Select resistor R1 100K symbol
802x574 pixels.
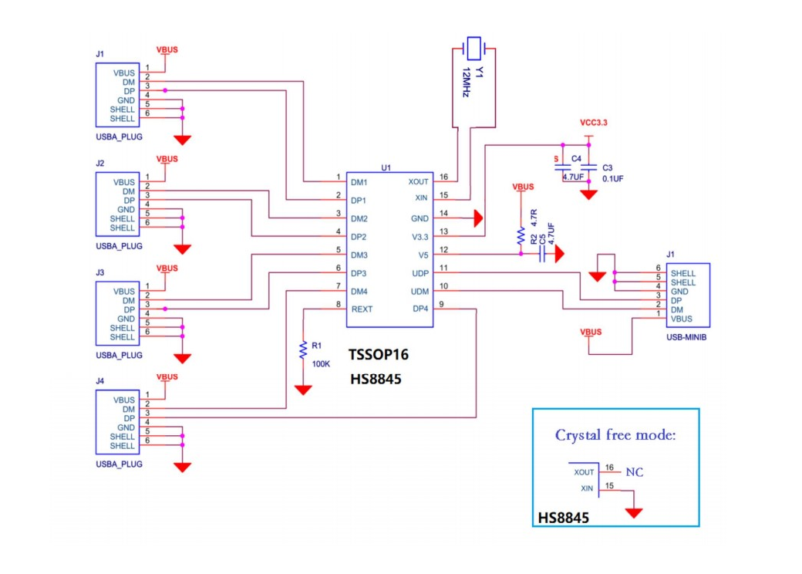click(x=302, y=351)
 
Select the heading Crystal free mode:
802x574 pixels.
click(x=615, y=435)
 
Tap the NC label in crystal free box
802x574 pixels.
click(x=634, y=472)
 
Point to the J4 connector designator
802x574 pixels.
click(x=99, y=381)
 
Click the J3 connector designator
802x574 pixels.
click(x=99, y=272)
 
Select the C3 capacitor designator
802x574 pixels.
click(x=607, y=167)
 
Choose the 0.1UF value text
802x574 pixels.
click(x=612, y=178)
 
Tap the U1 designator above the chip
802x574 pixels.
click(x=386, y=167)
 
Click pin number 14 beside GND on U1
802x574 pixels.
click(x=443, y=214)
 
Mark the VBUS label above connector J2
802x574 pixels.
click(x=167, y=159)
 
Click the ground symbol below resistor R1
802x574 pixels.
click(x=303, y=390)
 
